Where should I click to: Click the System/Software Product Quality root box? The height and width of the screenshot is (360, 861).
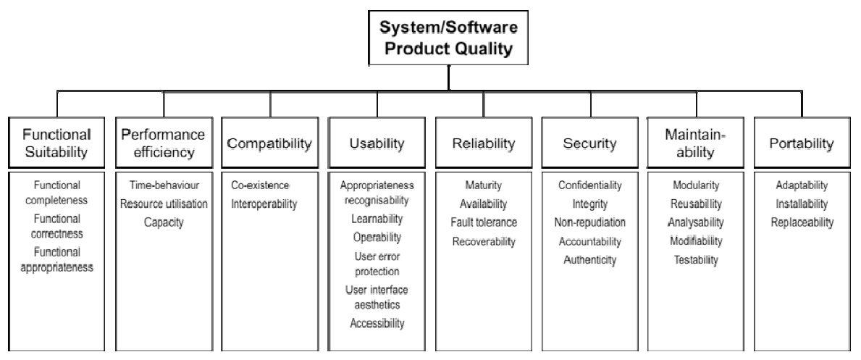(x=448, y=38)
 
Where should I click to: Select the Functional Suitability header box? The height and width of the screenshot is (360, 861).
(x=56, y=143)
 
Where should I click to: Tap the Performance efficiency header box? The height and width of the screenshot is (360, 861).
(x=164, y=143)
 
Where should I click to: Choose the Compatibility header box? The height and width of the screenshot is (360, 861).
(x=269, y=143)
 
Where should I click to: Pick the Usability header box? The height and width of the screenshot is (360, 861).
(x=377, y=143)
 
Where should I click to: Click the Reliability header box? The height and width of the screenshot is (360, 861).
(x=484, y=143)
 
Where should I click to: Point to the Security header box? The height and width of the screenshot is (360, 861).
(x=589, y=143)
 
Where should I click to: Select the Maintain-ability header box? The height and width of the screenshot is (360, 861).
(x=696, y=143)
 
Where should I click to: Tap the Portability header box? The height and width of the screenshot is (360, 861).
(x=802, y=143)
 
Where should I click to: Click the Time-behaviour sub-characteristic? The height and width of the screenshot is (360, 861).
(x=164, y=185)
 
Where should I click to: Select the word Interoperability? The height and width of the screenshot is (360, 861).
(x=264, y=204)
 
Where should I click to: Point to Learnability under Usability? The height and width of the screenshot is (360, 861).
(x=377, y=219)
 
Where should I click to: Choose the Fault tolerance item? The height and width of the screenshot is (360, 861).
(x=484, y=222)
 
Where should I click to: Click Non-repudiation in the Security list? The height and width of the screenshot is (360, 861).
(x=589, y=222)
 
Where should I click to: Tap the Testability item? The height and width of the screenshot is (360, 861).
(x=697, y=260)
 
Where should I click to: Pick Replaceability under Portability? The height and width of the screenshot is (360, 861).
(x=802, y=222)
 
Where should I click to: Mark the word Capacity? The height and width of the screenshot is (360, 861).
(x=164, y=222)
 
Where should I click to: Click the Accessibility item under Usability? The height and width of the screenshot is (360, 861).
(x=377, y=323)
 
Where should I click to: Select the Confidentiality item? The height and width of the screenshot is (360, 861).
(x=589, y=185)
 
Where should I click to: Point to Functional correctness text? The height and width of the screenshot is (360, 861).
(x=57, y=226)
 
